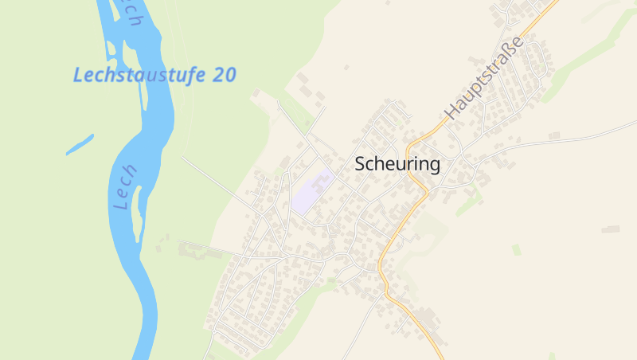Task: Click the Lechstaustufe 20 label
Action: (154, 75)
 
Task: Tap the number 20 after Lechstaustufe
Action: (225, 75)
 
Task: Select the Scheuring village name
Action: (397, 164)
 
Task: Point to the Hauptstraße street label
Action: (486, 77)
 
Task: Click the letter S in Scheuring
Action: (360, 164)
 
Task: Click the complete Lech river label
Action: (126, 188)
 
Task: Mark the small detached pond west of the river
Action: (80, 144)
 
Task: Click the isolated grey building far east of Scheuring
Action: (611, 229)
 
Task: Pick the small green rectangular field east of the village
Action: (517, 249)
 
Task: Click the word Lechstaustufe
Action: (140, 75)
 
